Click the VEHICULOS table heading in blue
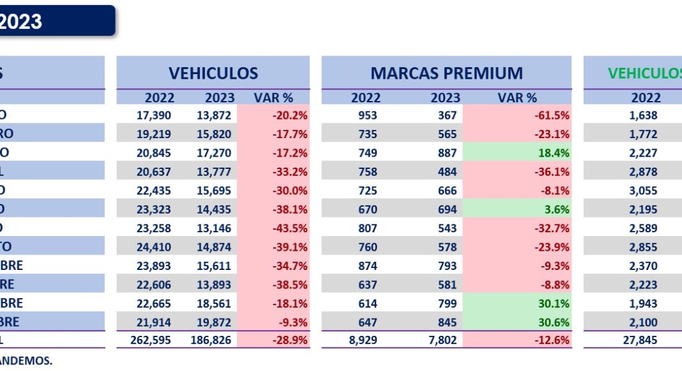point(213,73)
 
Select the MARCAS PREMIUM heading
point(446,73)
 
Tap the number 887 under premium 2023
point(448,154)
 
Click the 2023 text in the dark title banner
point(21,22)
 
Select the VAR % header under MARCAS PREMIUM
point(517,98)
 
